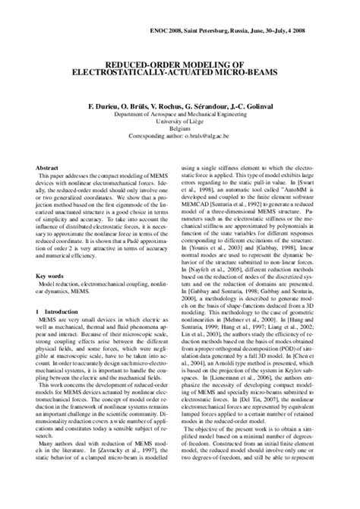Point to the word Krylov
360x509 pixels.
(311, 394)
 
